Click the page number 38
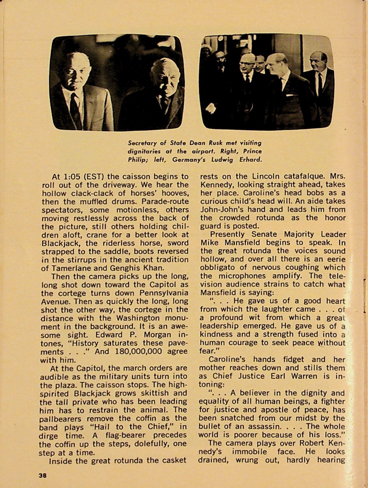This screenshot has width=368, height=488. pyautogui.click(x=43, y=475)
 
